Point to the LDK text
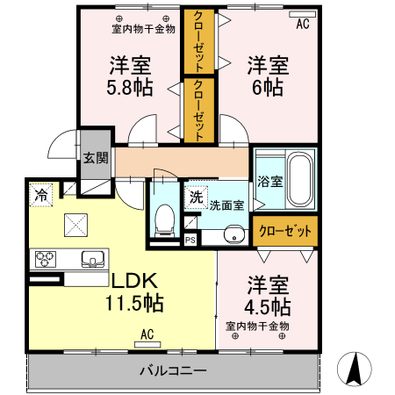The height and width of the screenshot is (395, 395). click(133, 281)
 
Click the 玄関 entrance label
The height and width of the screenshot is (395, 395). click(96, 158)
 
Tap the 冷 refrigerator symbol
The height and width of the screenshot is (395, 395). click(41, 197)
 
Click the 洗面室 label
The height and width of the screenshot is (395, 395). click(226, 205)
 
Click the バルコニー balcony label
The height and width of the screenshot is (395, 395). click(172, 370)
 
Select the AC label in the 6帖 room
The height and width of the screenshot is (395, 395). click(302, 24)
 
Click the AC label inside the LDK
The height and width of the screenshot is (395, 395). click(147, 334)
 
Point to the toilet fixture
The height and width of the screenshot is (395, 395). click(164, 219)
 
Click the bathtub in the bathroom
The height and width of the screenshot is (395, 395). click(301, 181)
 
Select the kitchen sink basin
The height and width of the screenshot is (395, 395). click(92, 259)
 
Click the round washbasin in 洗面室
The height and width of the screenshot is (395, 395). click(232, 234)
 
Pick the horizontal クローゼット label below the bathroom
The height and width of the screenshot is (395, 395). click(285, 231)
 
